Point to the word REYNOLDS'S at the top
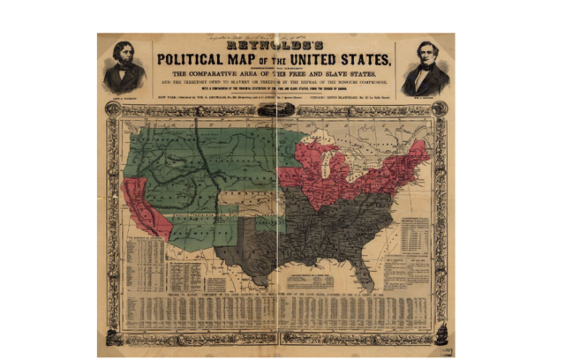[275, 43]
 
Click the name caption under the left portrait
[124, 94]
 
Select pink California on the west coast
[143, 208]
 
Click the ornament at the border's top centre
[275, 109]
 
